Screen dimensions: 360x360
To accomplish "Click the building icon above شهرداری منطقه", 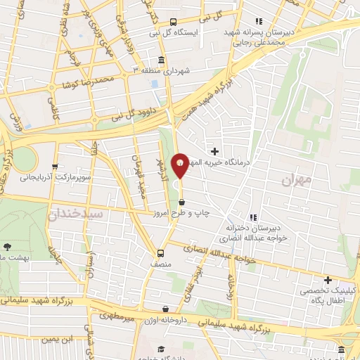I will pos(162,60).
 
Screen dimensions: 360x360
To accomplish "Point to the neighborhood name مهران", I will pos(296,181).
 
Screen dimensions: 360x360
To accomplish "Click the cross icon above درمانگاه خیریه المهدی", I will pos(214,151).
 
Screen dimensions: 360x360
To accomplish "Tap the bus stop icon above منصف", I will pos(161,253).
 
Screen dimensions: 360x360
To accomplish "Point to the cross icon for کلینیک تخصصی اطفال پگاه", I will pos(328,280).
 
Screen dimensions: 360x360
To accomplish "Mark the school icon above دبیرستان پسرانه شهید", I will pos(259,20).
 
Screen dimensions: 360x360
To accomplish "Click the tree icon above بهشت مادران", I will pos(8,247).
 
